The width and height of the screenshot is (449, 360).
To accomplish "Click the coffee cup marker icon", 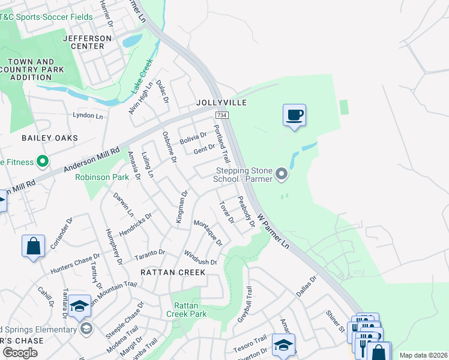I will [294, 115].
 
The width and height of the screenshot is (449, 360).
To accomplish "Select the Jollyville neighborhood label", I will [221, 103].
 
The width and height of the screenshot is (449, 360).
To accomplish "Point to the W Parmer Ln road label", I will [273, 231].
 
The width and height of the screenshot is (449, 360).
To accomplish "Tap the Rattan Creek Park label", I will [186, 310].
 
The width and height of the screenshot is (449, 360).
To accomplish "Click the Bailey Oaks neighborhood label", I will [50, 138].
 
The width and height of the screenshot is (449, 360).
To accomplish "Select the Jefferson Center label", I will [87, 43].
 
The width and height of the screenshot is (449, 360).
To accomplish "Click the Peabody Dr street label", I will [246, 211].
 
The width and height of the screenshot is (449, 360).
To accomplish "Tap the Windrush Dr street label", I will [200, 258].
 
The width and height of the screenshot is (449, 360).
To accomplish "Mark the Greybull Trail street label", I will [246, 306].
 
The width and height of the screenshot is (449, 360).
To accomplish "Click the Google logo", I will [20, 353].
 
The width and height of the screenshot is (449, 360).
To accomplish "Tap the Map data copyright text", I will [423, 355].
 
